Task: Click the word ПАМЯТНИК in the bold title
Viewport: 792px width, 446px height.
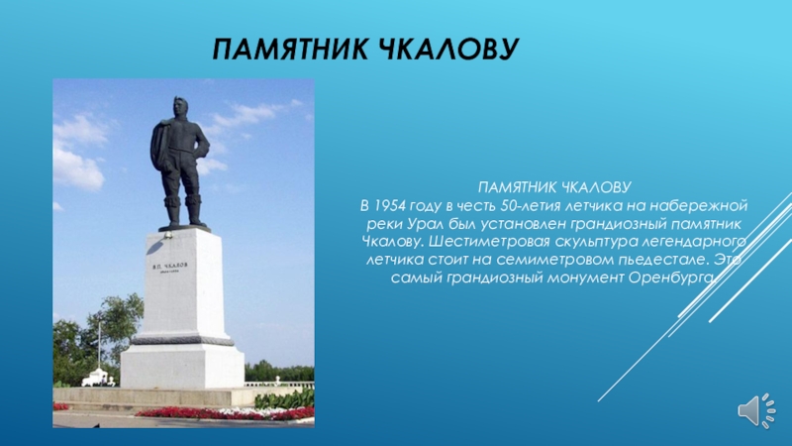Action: (290, 49)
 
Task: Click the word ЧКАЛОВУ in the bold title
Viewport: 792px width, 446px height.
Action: (448, 49)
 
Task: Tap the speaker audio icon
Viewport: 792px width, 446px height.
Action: (756, 410)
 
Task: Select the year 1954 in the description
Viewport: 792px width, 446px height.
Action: (390, 206)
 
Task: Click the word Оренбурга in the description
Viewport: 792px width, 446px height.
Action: (672, 278)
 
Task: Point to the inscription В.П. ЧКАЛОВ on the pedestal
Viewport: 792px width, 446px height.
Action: (169, 265)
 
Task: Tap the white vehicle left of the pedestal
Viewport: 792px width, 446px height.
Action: (95, 378)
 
